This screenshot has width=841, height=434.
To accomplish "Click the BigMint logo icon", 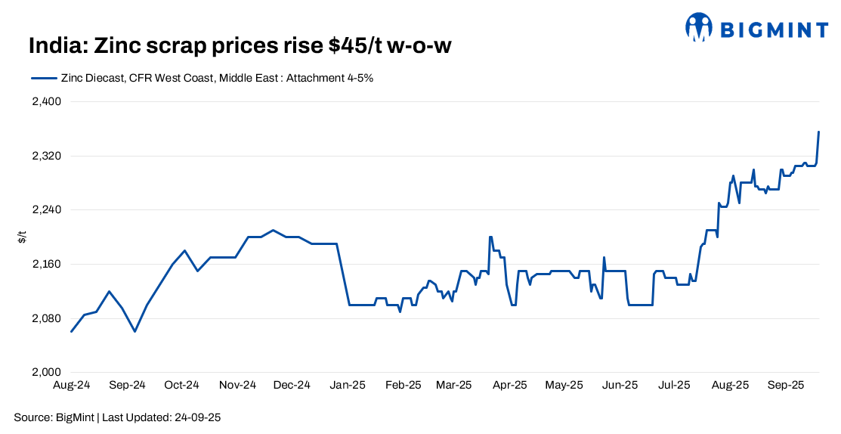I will coord(699,28).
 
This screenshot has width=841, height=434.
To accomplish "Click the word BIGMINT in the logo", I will coord(773,29).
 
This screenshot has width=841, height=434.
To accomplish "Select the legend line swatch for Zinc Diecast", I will coord(44,77).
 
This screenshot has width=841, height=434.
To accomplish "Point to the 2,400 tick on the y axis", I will coord(47,102).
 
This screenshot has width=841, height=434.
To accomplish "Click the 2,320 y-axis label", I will coord(47,156).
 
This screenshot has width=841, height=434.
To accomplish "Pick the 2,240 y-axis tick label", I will coord(47,210).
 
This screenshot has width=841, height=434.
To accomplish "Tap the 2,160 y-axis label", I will coord(47,264).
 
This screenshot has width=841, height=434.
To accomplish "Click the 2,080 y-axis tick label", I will coord(47,318).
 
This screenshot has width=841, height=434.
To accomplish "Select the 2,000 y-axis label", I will coord(47,372).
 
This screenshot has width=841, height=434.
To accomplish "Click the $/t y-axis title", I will coord(22,237).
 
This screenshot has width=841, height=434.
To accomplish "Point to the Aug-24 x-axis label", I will coord(72,385).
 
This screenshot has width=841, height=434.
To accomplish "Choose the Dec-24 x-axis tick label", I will coord(292,385).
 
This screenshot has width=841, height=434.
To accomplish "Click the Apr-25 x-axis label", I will coord(510,385).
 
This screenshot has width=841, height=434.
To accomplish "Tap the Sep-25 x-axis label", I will coord(786,385).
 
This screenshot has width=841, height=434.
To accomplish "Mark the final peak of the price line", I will coord(819,132).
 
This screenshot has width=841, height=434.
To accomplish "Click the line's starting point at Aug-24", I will coord(71,331).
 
